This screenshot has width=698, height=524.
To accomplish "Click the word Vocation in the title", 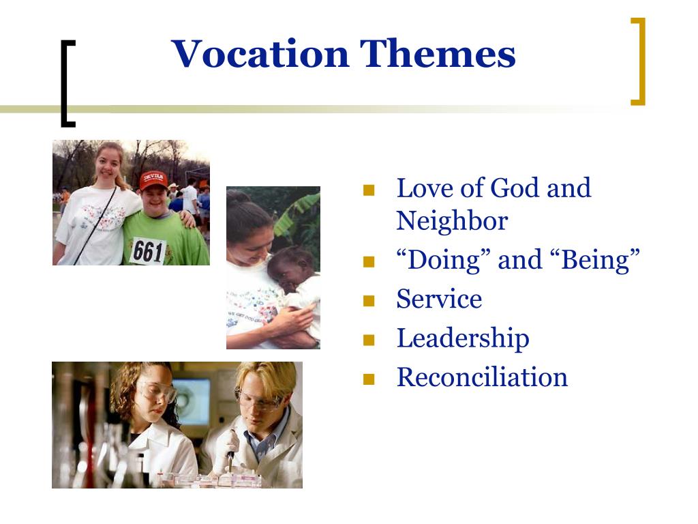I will (x=260, y=55).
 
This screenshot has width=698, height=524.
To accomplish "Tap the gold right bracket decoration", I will (x=639, y=61).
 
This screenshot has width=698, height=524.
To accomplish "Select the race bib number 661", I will (x=147, y=250).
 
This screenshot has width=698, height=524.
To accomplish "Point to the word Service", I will (x=439, y=300).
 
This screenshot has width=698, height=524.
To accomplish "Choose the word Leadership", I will (x=463, y=338).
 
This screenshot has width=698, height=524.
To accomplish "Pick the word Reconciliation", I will (x=482, y=377).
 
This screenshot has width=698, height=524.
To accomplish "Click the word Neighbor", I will (x=452, y=221).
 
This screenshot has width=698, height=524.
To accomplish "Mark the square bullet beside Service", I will (x=369, y=301).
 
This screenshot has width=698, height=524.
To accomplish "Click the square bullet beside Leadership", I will (x=369, y=340).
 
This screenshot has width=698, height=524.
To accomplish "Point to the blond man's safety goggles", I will (x=258, y=399).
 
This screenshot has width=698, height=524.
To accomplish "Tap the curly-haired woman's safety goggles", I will (x=157, y=392).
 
